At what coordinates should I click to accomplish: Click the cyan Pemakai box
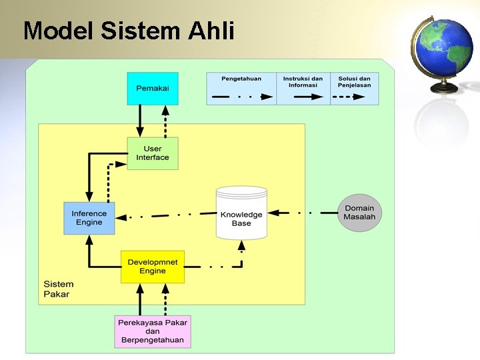[x=153, y=89]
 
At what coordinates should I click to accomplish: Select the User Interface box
[x=153, y=153]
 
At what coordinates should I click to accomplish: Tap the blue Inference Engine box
[x=89, y=218]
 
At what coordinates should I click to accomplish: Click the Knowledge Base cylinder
[x=241, y=214]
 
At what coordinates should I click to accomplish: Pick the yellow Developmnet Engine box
[x=153, y=267]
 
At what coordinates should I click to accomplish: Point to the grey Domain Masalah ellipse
[x=359, y=213]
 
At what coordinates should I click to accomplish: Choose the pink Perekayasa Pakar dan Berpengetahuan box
[x=153, y=331]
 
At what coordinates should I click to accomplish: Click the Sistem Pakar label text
[x=59, y=289]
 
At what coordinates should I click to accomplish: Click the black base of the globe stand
[x=444, y=88]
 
